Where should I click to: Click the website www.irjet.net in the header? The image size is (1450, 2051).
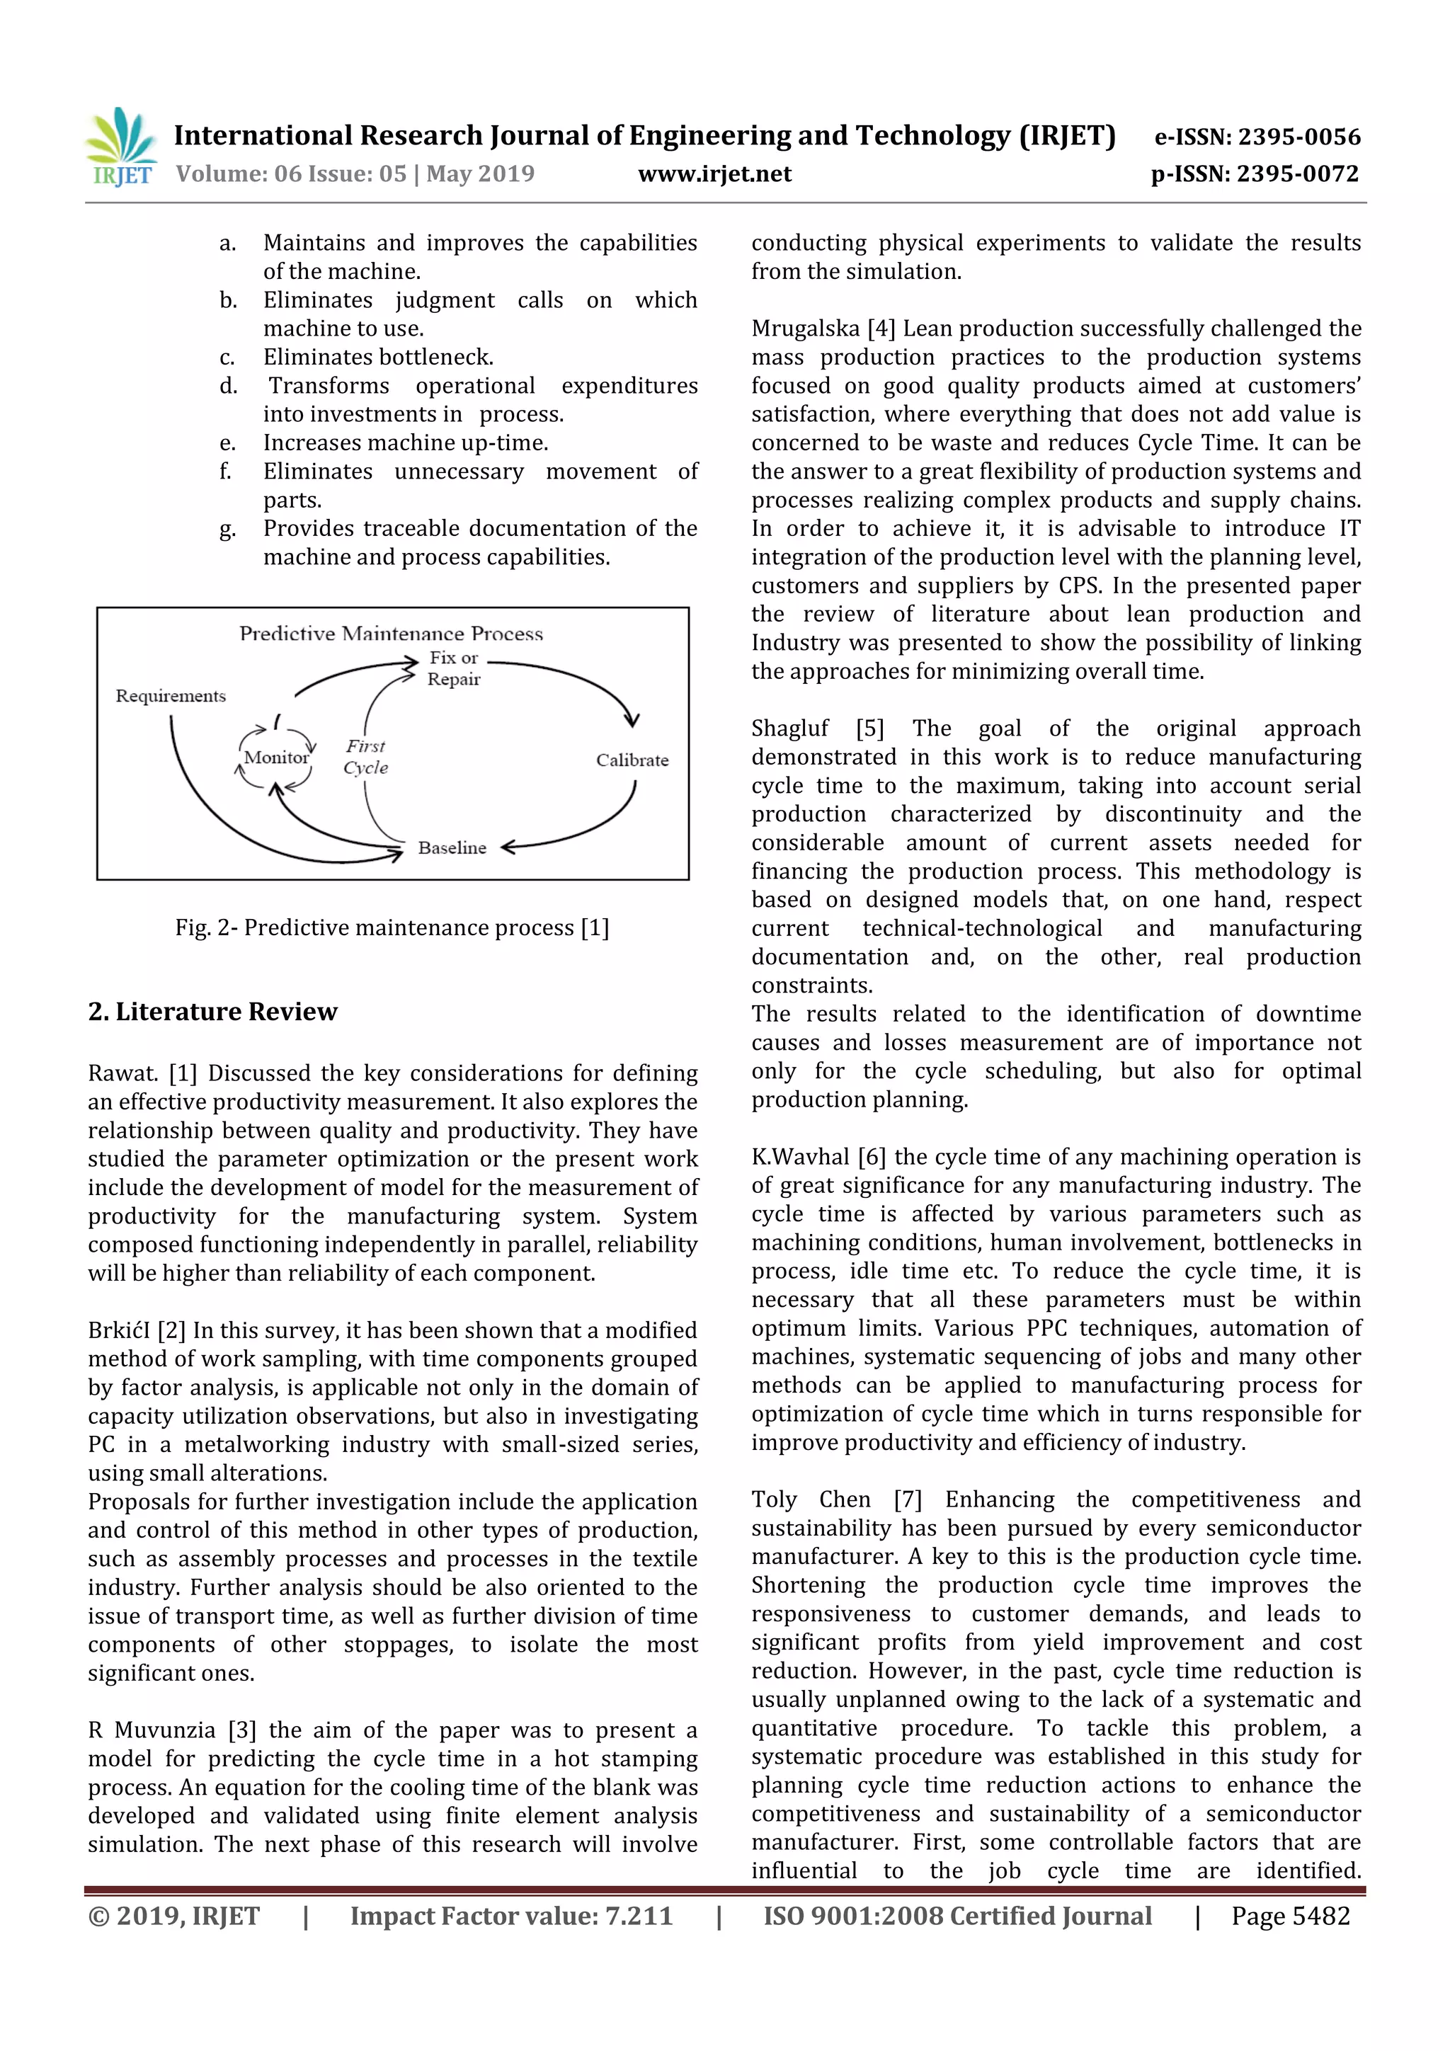tap(714, 173)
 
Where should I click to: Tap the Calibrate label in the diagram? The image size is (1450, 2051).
tap(632, 760)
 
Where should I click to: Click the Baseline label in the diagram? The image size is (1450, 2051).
tap(452, 847)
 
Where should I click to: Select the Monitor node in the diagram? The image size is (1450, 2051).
tap(276, 758)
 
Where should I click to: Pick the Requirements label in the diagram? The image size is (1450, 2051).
tap(171, 696)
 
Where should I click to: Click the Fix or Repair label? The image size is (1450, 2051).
tap(454, 668)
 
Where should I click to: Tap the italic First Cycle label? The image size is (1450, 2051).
tap(365, 757)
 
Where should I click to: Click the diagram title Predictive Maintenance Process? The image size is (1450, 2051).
tap(392, 634)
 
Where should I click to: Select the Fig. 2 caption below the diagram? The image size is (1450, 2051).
tap(392, 927)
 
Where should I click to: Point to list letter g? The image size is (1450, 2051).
tap(227, 529)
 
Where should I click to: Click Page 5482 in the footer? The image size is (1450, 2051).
tap(1290, 1915)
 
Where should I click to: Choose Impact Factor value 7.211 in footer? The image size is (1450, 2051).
tap(511, 1915)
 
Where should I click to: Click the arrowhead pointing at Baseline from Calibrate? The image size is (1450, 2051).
tap(508, 847)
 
